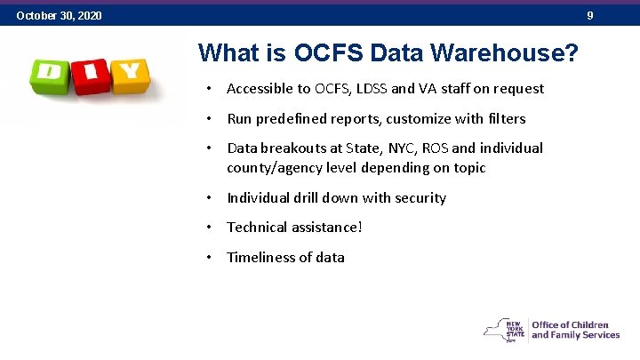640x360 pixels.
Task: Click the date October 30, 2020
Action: pyautogui.click(x=59, y=16)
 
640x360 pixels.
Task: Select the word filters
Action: pyautogui.click(x=506, y=118)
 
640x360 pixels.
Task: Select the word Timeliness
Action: pyautogui.click(x=261, y=257)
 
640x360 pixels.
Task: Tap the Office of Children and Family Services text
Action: pyautogui.click(x=575, y=330)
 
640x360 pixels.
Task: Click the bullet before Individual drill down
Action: pyautogui.click(x=207, y=197)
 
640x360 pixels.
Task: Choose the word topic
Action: pyautogui.click(x=468, y=167)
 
